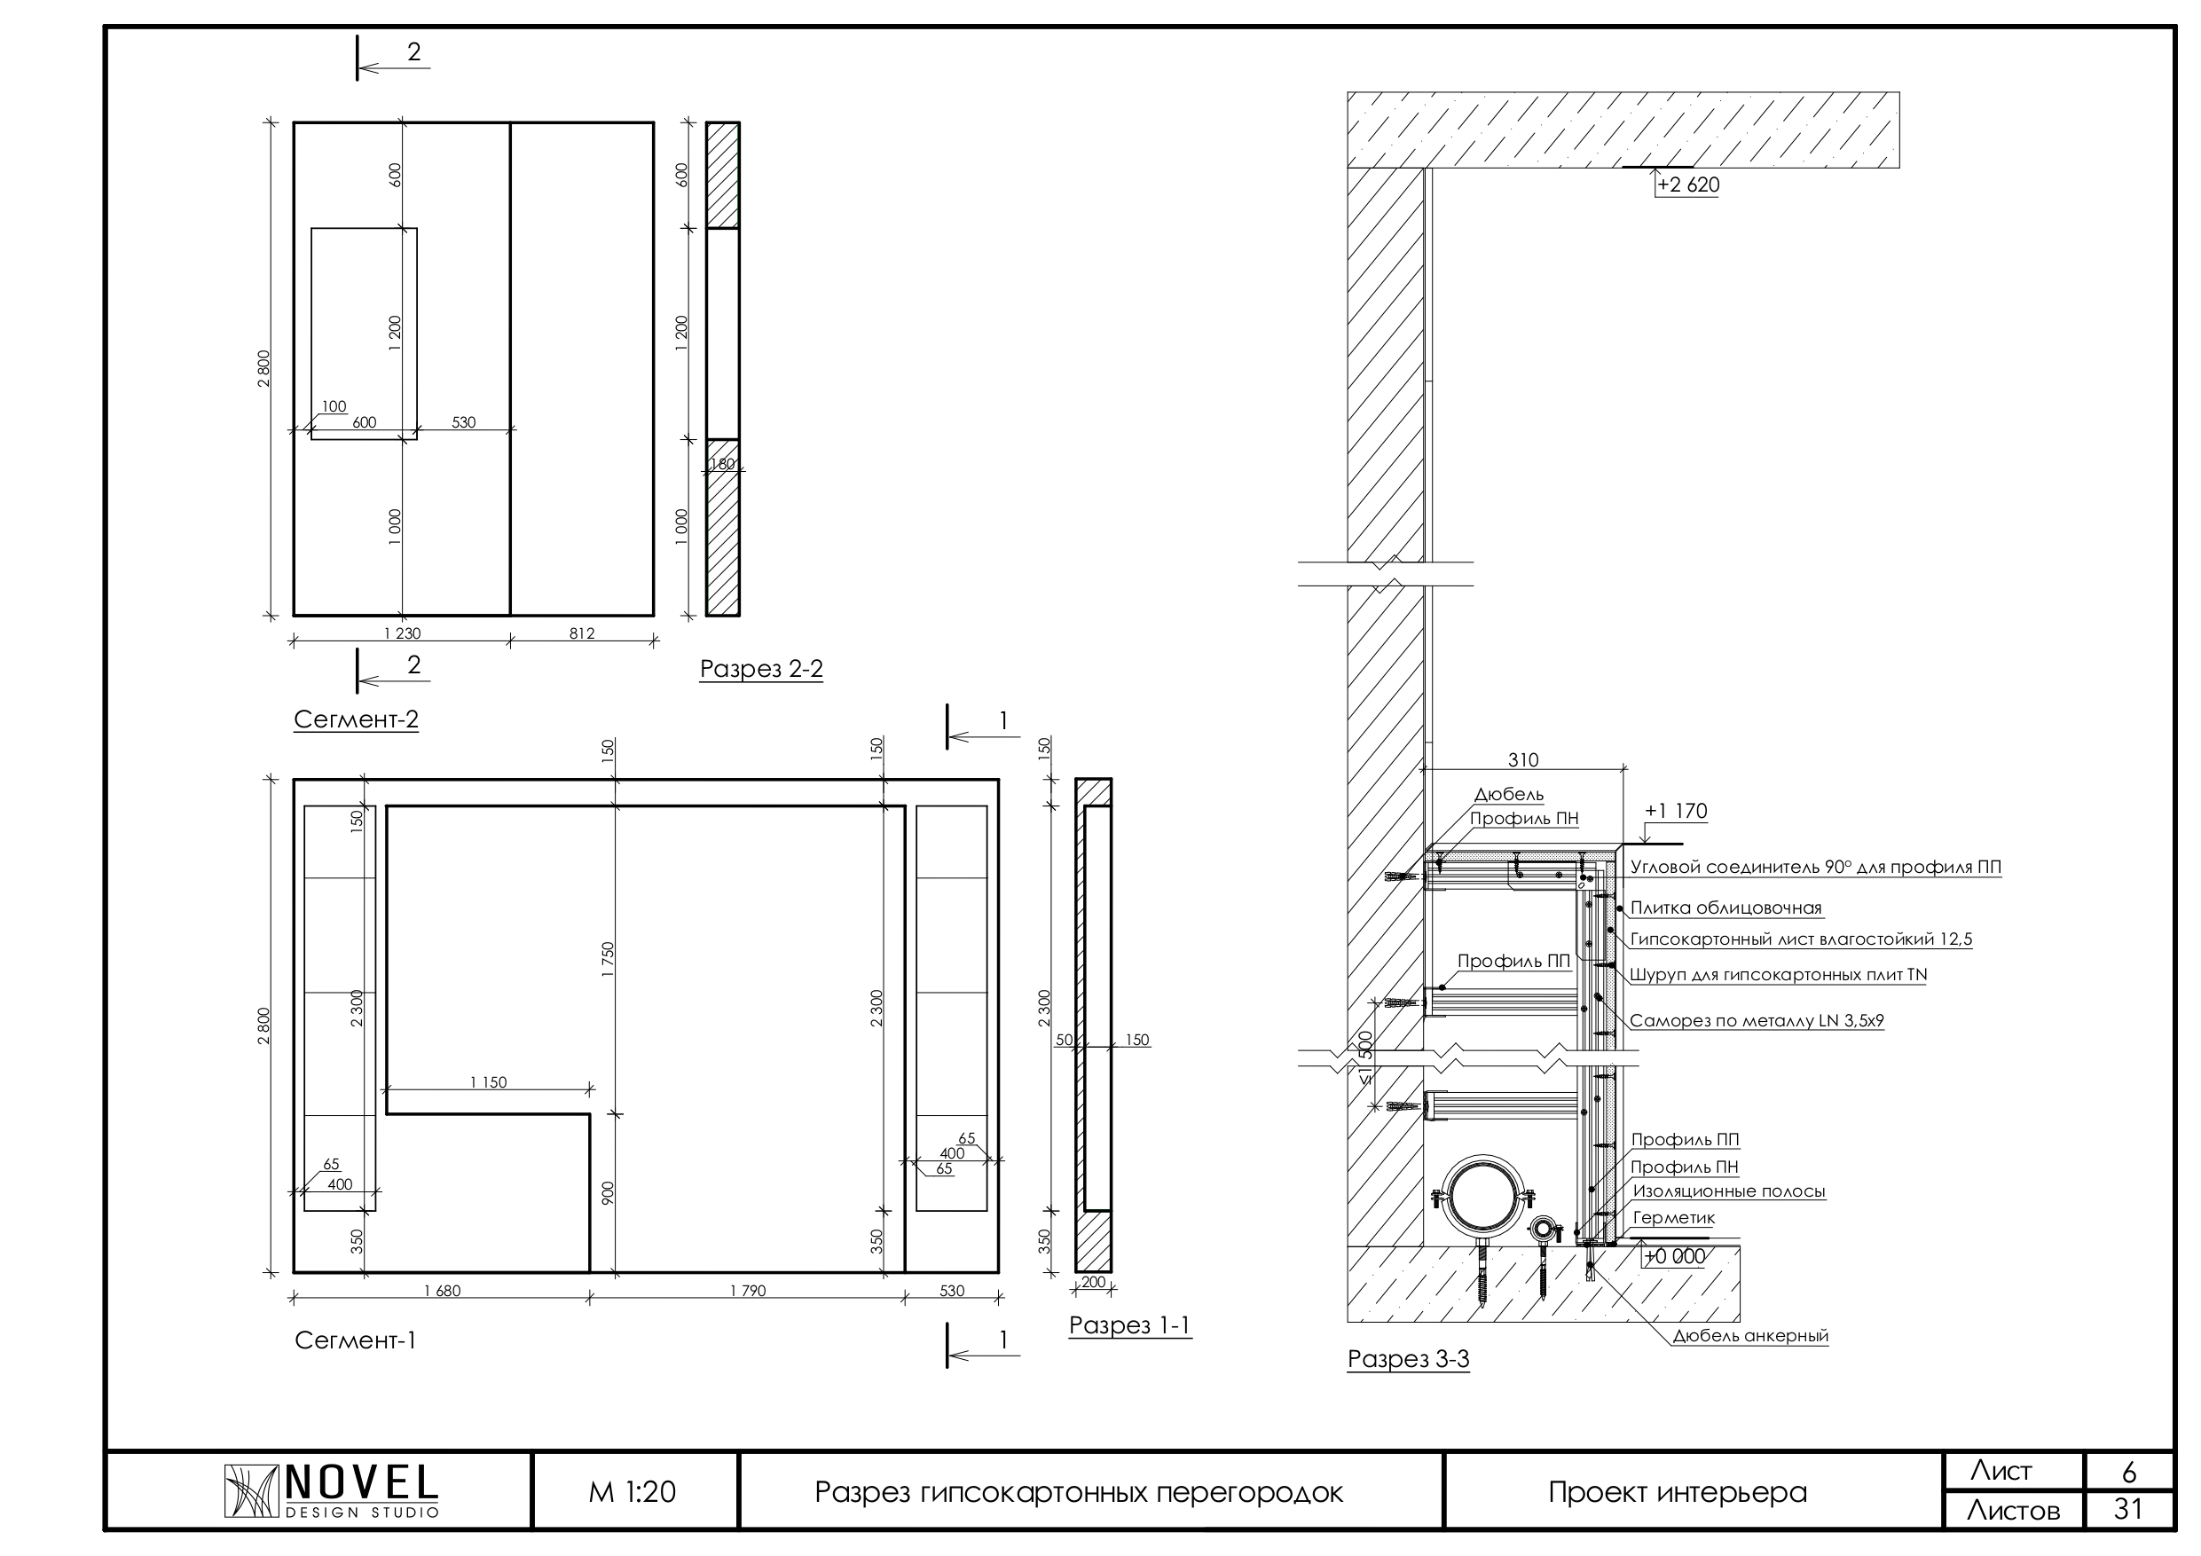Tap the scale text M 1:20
(x=632, y=1492)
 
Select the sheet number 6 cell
(x=2128, y=1472)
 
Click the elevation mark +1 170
(x=1676, y=811)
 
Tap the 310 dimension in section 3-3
(x=1523, y=760)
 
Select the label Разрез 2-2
(x=761, y=669)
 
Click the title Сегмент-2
(x=356, y=720)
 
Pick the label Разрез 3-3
(x=1408, y=1358)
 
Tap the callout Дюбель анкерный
(x=1750, y=1337)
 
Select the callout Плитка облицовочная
(x=1725, y=908)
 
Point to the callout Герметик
(x=1674, y=1218)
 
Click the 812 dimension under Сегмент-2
(x=582, y=633)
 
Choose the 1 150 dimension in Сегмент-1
(x=488, y=1082)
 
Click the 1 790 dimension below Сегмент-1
(x=748, y=1292)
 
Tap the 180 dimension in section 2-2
(x=722, y=465)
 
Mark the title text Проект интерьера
(x=1678, y=1493)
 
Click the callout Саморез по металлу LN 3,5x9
(x=1757, y=1021)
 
